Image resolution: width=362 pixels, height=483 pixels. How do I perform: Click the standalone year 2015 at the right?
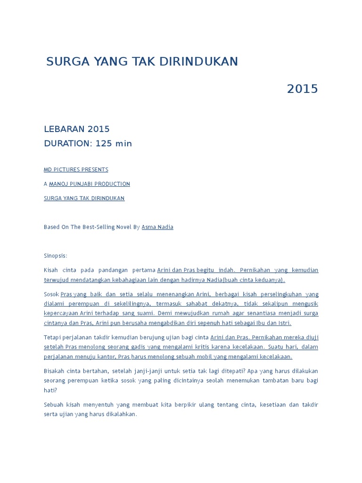tap(303, 89)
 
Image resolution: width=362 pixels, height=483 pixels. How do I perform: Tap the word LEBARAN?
tap(64, 129)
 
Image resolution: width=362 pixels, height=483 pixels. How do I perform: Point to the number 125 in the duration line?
tap(104, 143)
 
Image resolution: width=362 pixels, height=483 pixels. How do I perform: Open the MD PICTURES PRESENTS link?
tap(76, 169)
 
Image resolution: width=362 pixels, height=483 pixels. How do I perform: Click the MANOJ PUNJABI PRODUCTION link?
tap(90, 184)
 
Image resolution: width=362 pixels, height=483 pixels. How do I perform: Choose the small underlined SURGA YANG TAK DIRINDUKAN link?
tap(84, 198)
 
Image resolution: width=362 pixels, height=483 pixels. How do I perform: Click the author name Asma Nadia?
tap(157, 227)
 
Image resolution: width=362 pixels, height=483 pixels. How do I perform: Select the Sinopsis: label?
tap(56, 256)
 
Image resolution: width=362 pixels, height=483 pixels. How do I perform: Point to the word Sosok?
tap(51, 294)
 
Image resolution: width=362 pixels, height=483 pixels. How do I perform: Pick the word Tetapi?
tap(53, 337)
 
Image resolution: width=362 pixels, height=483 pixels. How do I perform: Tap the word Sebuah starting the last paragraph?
tap(54, 405)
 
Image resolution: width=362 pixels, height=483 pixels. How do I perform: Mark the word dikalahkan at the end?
tap(120, 414)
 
